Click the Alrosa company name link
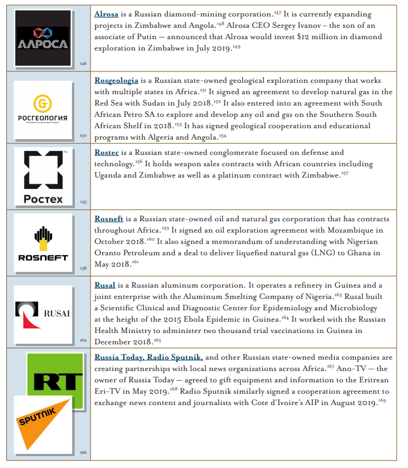[x=106, y=14]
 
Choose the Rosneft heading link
[x=109, y=218]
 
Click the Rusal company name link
[x=105, y=285]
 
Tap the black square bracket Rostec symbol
[x=44, y=170]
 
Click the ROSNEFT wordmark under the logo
[x=42, y=258]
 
